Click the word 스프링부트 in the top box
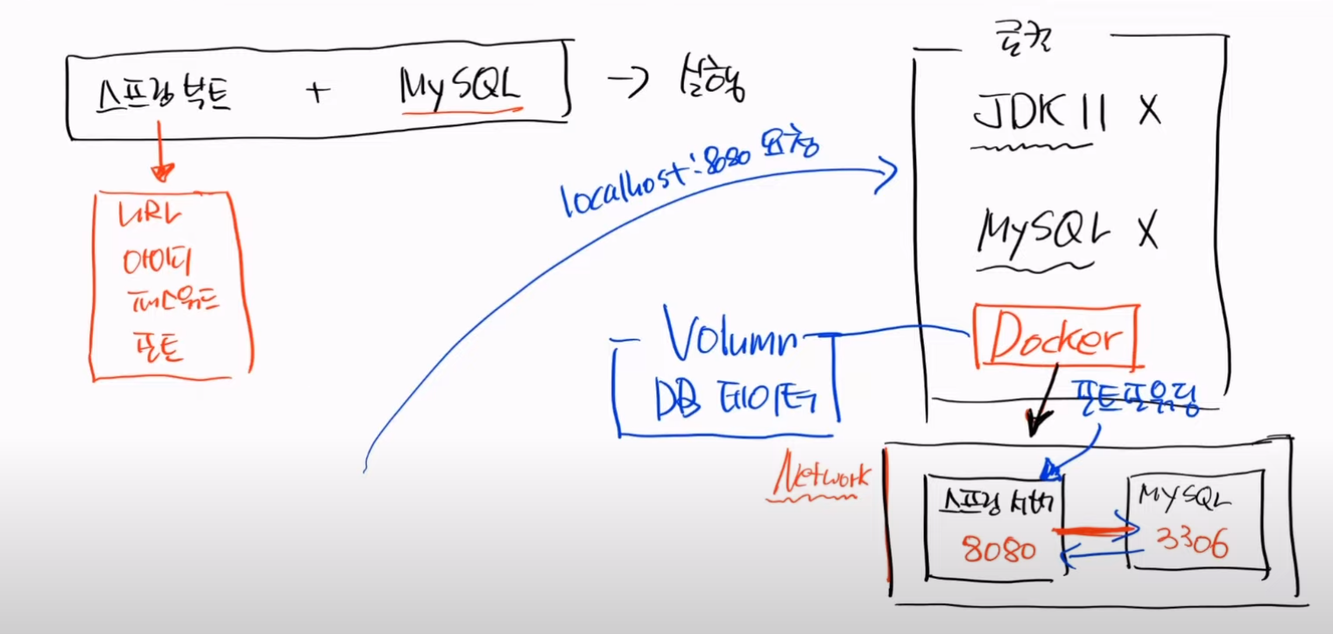pos(164,91)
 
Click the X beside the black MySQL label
pos(1146,231)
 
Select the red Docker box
pos(1055,336)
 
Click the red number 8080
pos(998,550)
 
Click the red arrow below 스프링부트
pos(161,153)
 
